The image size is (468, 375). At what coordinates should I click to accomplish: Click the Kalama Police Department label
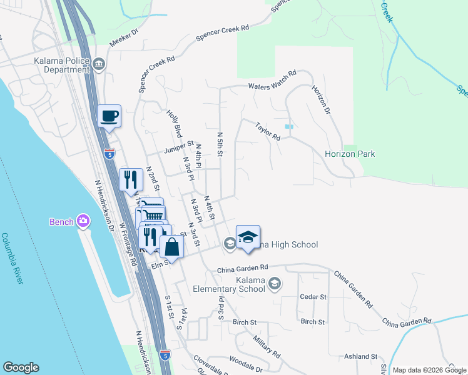[61, 65]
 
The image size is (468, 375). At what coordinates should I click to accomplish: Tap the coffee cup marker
[109, 116]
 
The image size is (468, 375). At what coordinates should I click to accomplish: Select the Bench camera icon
[83, 221]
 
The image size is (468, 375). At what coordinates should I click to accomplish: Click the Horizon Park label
[350, 154]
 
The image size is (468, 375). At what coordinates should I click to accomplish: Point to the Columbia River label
[12, 259]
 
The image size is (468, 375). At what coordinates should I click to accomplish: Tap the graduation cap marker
[248, 237]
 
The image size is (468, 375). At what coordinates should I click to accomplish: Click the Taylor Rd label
[267, 131]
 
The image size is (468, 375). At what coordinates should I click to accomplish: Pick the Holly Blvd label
[174, 124]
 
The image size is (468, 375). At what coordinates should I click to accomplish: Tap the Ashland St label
[360, 356]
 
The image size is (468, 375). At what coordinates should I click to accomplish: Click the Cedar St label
[313, 296]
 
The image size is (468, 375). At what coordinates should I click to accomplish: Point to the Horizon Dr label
[320, 101]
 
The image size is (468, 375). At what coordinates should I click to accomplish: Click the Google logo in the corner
[21, 367]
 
